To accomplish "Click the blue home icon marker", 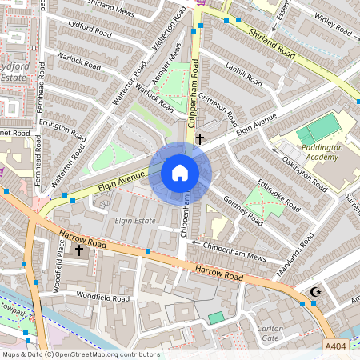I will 180,172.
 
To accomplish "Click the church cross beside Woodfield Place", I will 78,250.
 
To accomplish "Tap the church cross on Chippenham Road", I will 199,138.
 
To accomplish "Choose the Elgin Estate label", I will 134,220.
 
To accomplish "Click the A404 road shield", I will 337,346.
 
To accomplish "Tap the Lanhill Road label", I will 244,75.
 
